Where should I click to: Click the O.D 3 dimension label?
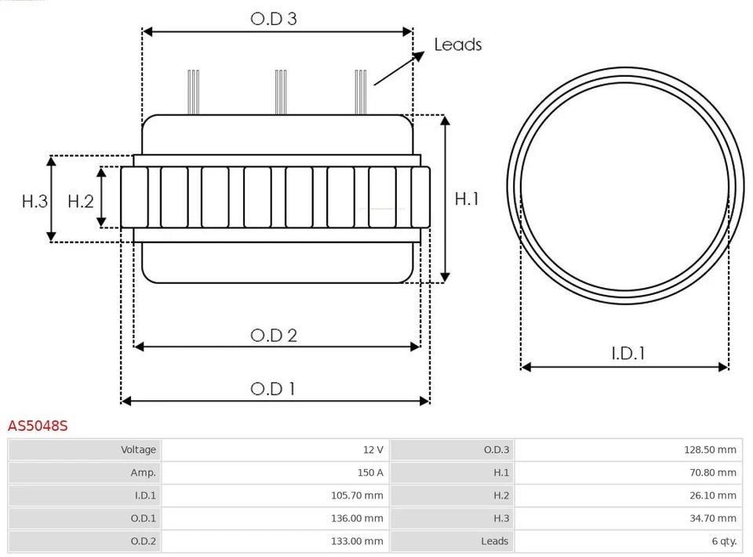pyautogui.click(x=273, y=19)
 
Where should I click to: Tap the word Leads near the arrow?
pyautogui.click(x=458, y=45)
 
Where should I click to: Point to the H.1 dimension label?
pyautogui.click(x=467, y=199)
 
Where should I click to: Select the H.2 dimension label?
pyautogui.click(x=81, y=202)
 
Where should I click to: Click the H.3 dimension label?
pyautogui.click(x=35, y=202)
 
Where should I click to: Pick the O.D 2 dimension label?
pyautogui.click(x=274, y=336)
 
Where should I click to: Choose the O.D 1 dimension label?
pyautogui.click(x=273, y=389)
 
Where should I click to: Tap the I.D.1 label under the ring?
pyautogui.click(x=627, y=354)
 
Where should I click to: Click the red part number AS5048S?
pyautogui.click(x=38, y=426)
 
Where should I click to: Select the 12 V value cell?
pyautogui.click(x=373, y=450)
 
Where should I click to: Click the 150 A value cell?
pyautogui.click(x=370, y=473)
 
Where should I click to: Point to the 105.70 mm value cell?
pyautogui.click(x=357, y=496)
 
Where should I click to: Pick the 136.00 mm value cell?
pyautogui.click(x=357, y=519)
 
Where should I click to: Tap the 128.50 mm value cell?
pyautogui.click(x=710, y=450)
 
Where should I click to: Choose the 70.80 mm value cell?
pyautogui.click(x=712, y=473)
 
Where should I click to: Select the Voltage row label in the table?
pyautogui.click(x=138, y=450)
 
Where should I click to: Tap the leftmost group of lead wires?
pyautogui.click(x=193, y=92)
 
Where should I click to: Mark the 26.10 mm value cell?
pyautogui.click(x=712, y=496)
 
